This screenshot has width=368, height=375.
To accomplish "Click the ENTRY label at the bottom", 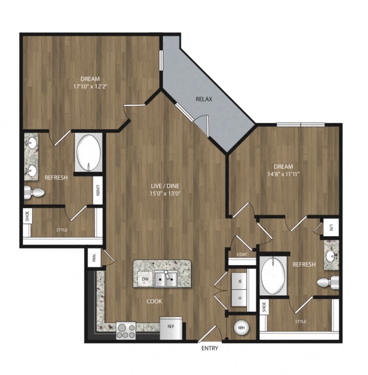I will click(210, 349).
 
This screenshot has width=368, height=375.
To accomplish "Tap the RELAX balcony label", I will click(204, 99).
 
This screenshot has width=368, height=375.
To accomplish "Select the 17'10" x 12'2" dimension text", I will click(90, 86).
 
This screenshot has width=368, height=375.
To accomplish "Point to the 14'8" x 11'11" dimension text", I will click(283, 174).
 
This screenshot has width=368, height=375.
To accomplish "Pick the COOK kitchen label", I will click(154, 301).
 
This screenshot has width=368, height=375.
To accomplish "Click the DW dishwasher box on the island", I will click(144, 279).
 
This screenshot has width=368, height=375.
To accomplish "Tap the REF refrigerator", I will click(171, 327).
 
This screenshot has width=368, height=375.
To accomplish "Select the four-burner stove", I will click(126, 330).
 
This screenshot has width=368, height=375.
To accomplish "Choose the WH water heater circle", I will click(241, 327).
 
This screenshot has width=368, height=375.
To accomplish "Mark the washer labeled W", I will click(240, 281).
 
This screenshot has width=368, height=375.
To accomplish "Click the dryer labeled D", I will click(240, 298).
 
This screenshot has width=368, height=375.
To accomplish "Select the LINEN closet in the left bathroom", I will click(97, 190).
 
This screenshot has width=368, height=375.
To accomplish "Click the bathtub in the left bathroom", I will click(89, 152).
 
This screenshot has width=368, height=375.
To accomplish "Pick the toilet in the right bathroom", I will click(329, 282).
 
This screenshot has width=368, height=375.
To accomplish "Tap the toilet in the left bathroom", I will click(34, 192).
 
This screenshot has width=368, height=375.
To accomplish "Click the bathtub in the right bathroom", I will click(273, 275).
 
